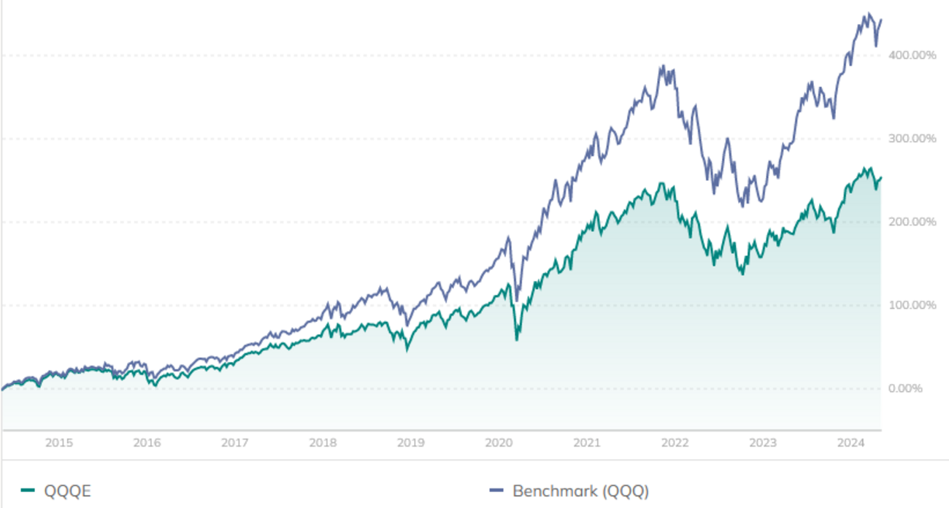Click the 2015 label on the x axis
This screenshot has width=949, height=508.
click(x=58, y=442)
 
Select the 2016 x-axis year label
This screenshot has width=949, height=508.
click(x=147, y=442)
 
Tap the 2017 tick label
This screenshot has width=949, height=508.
click(x=235, y=442)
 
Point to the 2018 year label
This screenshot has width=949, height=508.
click(x=323, y=442)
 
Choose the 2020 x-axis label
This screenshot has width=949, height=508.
click(x=499, y=442)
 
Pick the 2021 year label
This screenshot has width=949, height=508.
click(x=587, y=442)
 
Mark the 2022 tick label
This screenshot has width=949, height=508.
click(x=675, y=442)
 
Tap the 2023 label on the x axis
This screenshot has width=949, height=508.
click(x=763, y=442)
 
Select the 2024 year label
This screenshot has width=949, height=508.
click(x=851, y=442)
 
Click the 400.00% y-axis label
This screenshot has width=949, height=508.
click(x=911, y=55)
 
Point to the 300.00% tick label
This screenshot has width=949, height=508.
click(x=911, y=139)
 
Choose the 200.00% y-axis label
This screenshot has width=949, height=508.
click(x=911, y=222)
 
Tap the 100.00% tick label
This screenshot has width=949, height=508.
click(x=911, y=305)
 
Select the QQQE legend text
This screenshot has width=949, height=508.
click(x=68, y=491)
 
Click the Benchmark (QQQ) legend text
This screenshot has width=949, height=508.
click(x=580, y=491)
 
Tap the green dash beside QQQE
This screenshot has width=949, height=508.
click(x=28, y=491)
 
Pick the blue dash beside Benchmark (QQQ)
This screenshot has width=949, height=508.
click(x=499, y=491)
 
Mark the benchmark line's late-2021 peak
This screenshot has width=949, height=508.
click(x=661, y=66)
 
